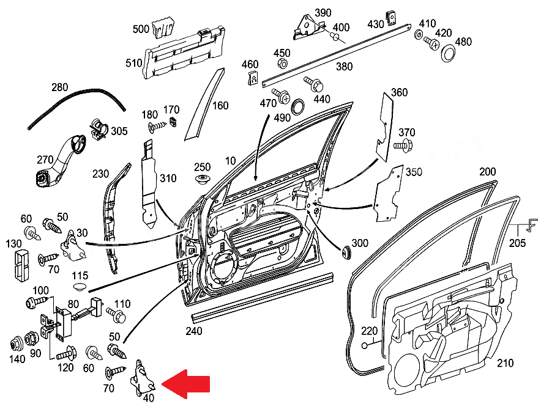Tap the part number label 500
coord(141,29)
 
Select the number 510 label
coord(133,63)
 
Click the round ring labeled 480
coord(448,54)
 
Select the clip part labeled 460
coord(252,77)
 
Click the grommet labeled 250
coord(201,179)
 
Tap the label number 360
coord(399,93)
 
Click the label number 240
coord(193,332)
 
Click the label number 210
coord(505,363)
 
